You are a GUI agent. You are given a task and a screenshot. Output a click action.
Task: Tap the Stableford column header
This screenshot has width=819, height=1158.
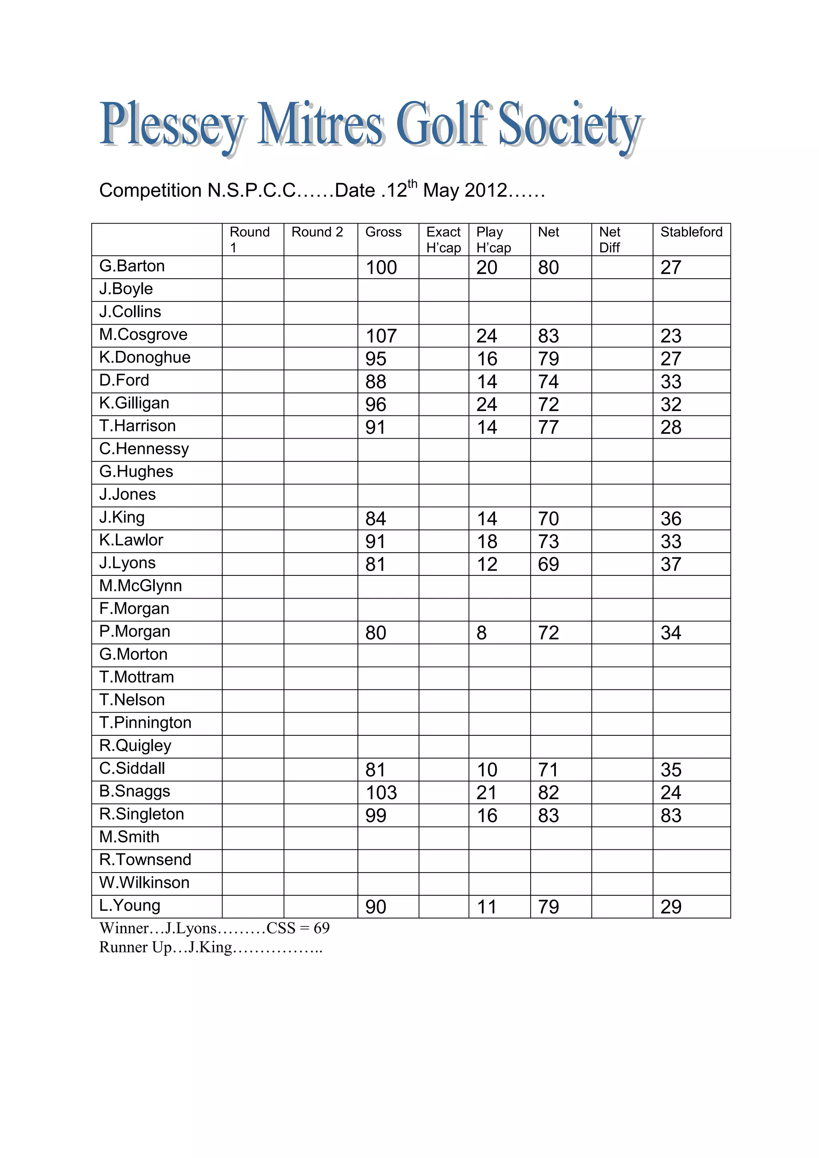coord(691,232)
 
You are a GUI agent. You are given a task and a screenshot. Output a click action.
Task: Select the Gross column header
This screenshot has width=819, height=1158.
coord(383,232)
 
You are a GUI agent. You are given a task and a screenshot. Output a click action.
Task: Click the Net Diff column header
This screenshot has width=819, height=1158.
coord(610,240)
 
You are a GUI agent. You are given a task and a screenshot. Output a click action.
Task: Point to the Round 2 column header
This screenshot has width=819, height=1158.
coord(317,232)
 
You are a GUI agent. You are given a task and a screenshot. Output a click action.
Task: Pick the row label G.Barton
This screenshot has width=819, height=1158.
coord(132,266)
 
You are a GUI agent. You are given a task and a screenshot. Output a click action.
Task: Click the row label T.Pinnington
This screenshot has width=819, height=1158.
coord(145,723)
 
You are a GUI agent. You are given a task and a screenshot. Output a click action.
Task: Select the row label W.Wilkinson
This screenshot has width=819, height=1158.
coord(144,882)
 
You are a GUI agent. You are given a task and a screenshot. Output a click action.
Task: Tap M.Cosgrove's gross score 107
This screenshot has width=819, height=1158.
coord(381,336)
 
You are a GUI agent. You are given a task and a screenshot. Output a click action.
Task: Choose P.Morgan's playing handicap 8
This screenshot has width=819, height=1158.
coord(481,633)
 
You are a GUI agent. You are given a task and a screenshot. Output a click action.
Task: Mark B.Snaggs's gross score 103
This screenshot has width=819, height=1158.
coord(381,793)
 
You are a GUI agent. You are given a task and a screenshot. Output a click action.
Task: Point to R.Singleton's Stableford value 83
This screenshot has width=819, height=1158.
coord(671,816)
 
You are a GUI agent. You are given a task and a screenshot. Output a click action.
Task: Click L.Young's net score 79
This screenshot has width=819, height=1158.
coord(548,907)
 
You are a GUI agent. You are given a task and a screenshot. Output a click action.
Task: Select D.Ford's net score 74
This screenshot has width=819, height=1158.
coord(548,382)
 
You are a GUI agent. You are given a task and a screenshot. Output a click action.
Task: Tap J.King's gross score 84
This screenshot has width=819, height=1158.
coord(376,519)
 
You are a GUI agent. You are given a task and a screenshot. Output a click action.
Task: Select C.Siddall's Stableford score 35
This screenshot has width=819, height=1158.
coord(671,770)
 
